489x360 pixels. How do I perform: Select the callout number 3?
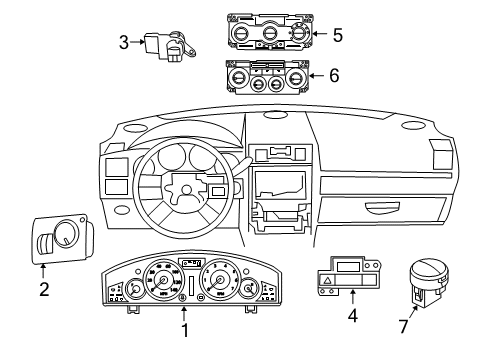coord(123,42)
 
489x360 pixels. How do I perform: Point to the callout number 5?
coord(337,35)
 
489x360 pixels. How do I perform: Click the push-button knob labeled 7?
coord(429,273)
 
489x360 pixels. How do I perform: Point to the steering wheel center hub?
coord(187,187)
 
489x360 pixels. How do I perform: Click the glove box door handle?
coord(385,209)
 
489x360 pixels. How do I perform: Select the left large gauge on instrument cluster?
coord(158,279)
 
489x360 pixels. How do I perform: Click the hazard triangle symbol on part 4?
coord(328,285)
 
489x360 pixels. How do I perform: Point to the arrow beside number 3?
coord(139,42)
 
